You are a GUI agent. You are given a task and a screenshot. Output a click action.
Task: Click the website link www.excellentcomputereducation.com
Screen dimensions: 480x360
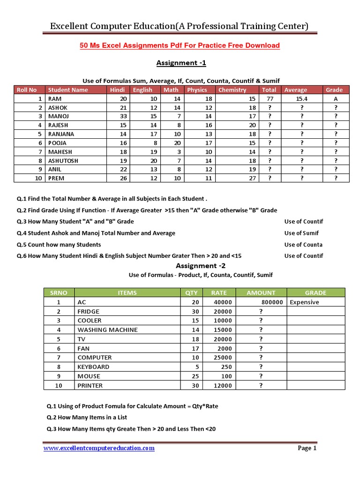(99, 448)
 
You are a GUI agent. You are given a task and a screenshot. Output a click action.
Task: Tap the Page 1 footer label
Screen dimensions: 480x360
(307, 448)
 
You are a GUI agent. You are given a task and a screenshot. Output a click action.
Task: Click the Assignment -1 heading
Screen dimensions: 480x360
(181, 63)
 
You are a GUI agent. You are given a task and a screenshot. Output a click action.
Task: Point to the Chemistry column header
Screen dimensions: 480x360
(232, 90)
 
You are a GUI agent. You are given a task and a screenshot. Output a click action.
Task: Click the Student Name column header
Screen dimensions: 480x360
(68, 90)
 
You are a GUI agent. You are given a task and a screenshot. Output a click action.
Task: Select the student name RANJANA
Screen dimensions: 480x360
(61, 134)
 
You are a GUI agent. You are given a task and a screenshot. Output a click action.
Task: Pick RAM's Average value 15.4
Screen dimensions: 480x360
(302, 99)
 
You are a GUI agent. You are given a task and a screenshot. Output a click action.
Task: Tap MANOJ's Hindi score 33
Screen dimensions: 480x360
(124, 116)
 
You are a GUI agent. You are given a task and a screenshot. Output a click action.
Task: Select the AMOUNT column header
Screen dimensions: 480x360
(261, 292)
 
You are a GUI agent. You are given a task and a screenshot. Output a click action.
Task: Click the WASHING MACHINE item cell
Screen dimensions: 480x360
(108, 330)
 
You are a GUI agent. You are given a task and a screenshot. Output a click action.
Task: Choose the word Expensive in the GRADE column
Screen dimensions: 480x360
(304, 302)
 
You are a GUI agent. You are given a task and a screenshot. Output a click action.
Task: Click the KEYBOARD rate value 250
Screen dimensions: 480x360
(226, 367)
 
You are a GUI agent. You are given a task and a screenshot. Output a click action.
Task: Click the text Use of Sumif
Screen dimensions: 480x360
(301, 233)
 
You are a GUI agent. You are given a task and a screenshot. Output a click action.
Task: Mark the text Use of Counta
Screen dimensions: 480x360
(303, 245)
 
